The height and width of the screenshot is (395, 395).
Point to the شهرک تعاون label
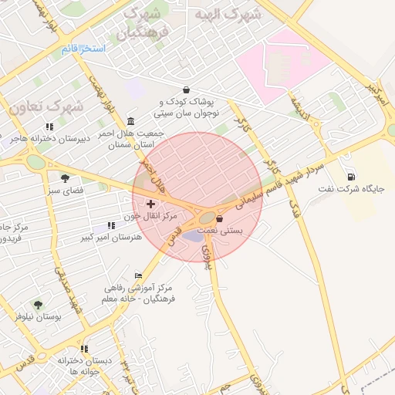click(x=46, y=106)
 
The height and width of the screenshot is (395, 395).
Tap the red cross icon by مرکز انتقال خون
click(x=150, y=204)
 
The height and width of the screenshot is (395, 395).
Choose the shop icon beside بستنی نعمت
click(x=220, y=218)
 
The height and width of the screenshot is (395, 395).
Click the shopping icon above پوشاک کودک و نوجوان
click(x=187, y=89)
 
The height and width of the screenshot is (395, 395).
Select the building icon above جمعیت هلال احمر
click(x=130, y=121)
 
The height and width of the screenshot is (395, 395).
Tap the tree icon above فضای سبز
click(x=65, y=177)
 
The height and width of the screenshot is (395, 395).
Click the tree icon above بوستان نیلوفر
click(x=38, y=305)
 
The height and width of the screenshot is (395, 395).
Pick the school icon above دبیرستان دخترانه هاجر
click(x=49, y=126)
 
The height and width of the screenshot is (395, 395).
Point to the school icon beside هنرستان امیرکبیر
click(x=112, y=225)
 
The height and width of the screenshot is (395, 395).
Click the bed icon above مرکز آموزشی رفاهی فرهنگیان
click(x=138, y=275)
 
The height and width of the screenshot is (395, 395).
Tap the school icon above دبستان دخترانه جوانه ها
click(x=84, y=349)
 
